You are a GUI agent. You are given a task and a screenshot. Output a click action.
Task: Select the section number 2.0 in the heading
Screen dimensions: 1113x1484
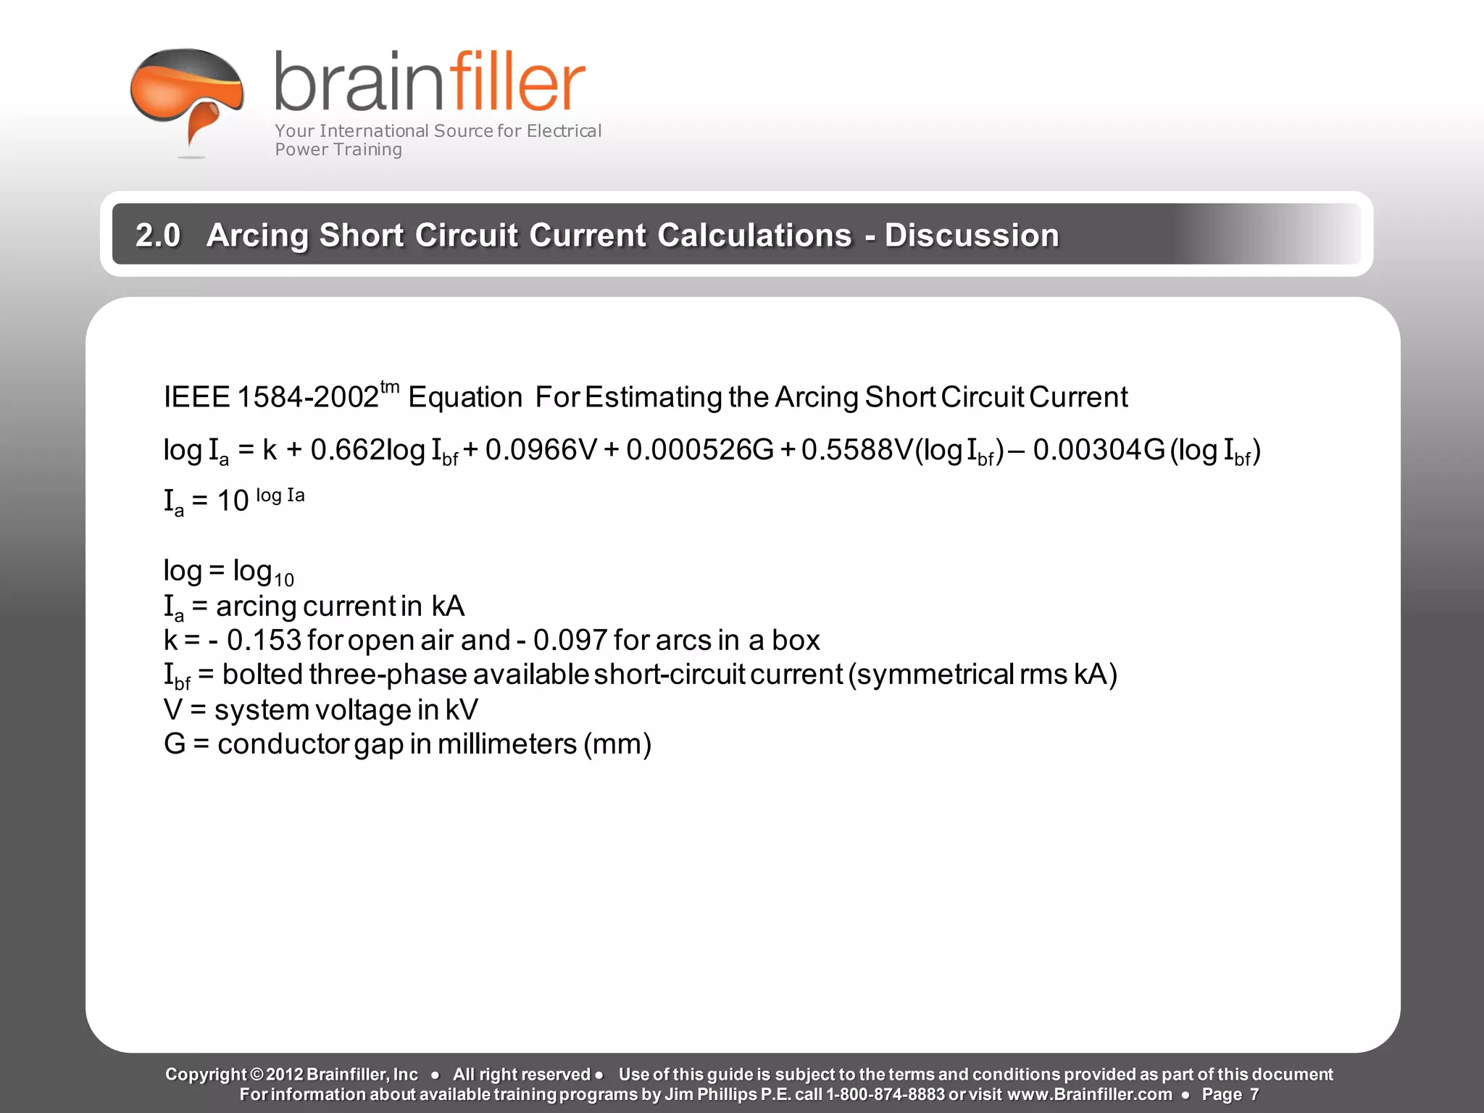pyautogui.click(x=157, y=235)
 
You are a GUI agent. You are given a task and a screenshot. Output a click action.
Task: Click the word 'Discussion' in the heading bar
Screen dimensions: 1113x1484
pyautogui.click(x=972, y=235)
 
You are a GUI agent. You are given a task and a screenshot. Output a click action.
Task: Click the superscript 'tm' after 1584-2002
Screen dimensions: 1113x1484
pyautogui.click(x=390, y=387)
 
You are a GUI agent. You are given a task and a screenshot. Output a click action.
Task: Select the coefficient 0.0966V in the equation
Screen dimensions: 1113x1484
pyautogui.click(x=541, y=450)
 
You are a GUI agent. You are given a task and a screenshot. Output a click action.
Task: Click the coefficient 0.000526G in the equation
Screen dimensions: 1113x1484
pyautogui.click(x=700, y=450)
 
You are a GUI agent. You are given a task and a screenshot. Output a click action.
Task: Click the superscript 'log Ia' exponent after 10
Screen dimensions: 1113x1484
pyautogui.click(x=280, y=496)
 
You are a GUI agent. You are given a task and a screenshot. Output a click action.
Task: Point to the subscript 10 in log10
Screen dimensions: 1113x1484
pyautogui.click(x=284, y=580)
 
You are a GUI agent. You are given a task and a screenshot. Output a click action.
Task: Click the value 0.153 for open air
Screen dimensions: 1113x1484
pyautogui.click(x=264, y=641)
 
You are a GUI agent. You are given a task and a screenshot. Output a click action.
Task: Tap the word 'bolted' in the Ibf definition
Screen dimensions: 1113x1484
pyautogui.click(x=262, y=675)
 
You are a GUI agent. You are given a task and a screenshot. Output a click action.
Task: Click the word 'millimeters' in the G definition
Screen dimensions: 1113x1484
pyautogui.click(x=507, y=744)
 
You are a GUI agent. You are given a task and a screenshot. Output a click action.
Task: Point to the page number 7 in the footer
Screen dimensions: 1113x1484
pyautogui.click(x=1254, y=1094)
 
